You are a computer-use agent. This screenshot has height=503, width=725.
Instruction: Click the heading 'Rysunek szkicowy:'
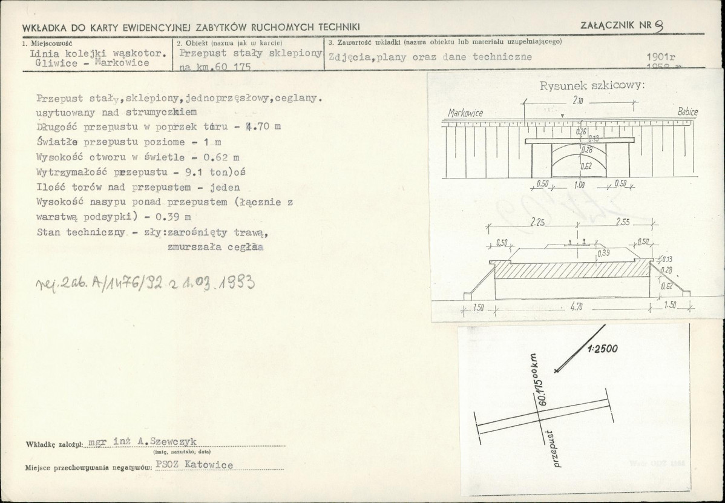(x=592, y=85)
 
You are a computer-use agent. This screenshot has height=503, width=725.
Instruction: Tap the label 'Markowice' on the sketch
(x=465, y=113)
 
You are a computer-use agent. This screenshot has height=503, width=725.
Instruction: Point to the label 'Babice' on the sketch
(x=687, y=112)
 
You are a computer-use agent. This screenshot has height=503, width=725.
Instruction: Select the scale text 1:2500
(x=603, y=349)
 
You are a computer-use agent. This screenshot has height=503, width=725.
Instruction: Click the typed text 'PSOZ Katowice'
(x=194, y=465)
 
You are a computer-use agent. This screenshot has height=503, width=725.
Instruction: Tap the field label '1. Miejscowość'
(x=47, y=43)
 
